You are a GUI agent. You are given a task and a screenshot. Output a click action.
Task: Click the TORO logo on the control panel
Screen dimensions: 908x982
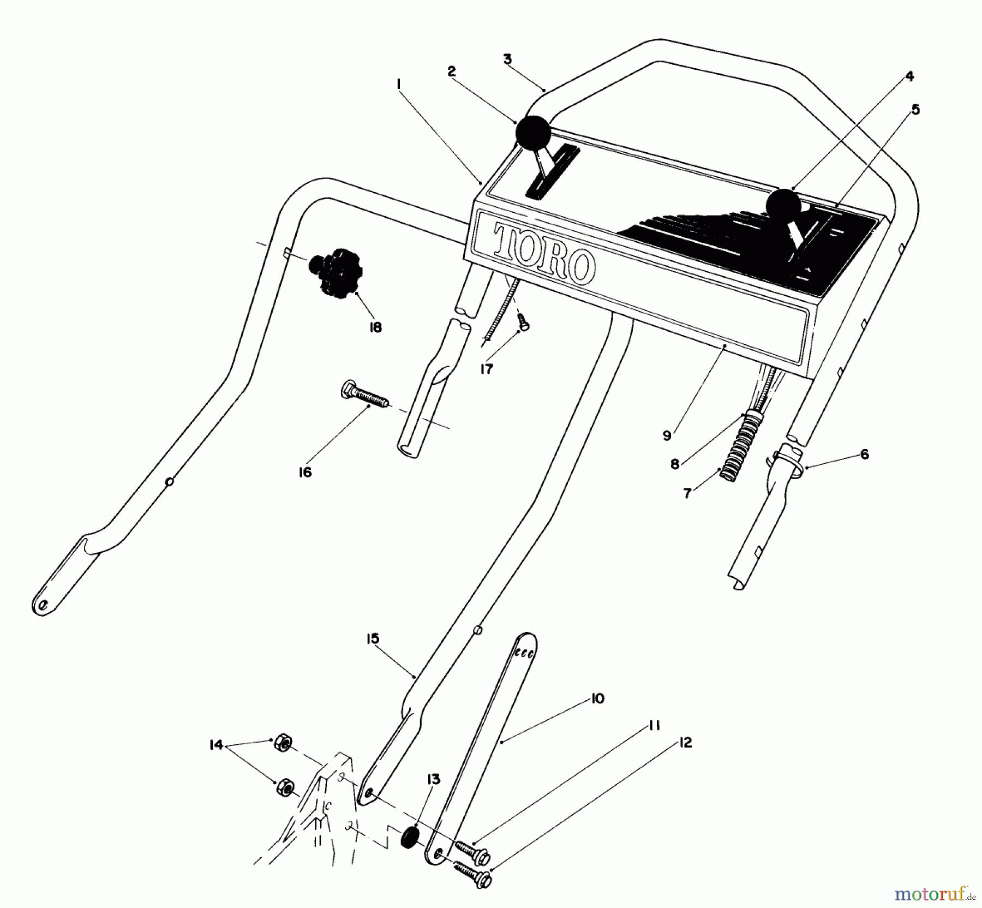click(x=543, y=253)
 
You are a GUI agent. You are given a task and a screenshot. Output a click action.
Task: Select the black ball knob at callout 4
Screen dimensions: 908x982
click(x=783, y=206)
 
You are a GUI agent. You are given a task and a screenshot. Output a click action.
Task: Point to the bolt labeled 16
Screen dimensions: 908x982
click(x=363, y=396)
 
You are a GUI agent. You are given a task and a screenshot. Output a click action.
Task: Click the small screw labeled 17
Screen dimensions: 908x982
click(x=524, y=321)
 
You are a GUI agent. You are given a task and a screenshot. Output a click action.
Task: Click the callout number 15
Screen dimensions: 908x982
click(x=373, y=639)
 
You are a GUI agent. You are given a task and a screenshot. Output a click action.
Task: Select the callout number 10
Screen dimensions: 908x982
click(x=597, y=699)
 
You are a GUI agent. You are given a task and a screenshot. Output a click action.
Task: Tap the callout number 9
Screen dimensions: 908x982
click(x=667, y=436)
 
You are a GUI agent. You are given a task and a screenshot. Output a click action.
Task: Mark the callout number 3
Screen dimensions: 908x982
click(x=507, y=59)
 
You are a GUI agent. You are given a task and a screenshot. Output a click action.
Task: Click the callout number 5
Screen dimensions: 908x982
click(x=915, y=110)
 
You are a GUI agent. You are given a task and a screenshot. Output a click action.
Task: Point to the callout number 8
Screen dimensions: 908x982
click(x=675, y=464)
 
